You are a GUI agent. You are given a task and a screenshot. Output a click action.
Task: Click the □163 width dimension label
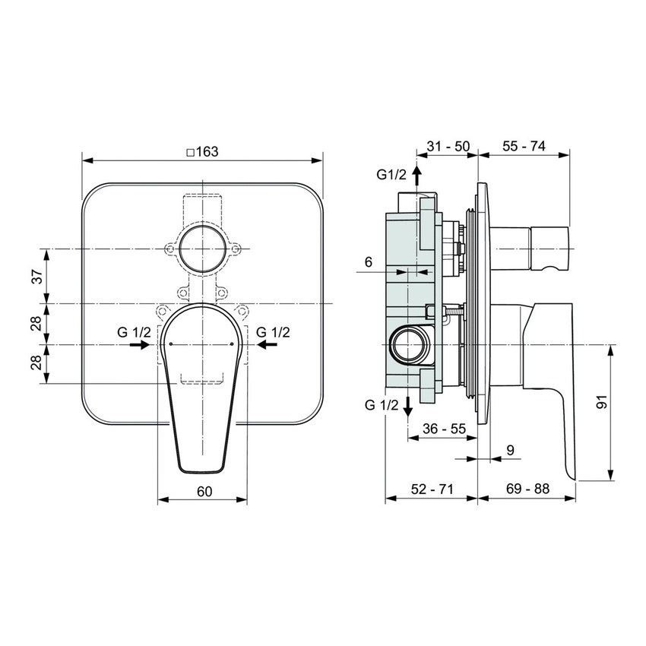point(202,151)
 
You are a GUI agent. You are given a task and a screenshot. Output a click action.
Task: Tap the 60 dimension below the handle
point(203,491)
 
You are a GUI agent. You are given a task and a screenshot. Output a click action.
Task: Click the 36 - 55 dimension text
point(443,429)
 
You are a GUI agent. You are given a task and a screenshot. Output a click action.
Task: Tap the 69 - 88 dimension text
point(527,490)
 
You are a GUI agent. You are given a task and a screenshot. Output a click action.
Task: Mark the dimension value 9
point(510,451)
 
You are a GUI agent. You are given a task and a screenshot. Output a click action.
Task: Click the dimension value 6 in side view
point(369,262)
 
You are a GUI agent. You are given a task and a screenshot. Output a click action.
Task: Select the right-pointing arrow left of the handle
point(138,345)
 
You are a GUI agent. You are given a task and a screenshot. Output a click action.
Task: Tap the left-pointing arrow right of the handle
point(267,345)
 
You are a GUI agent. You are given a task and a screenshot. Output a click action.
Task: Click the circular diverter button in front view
point(203,249)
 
